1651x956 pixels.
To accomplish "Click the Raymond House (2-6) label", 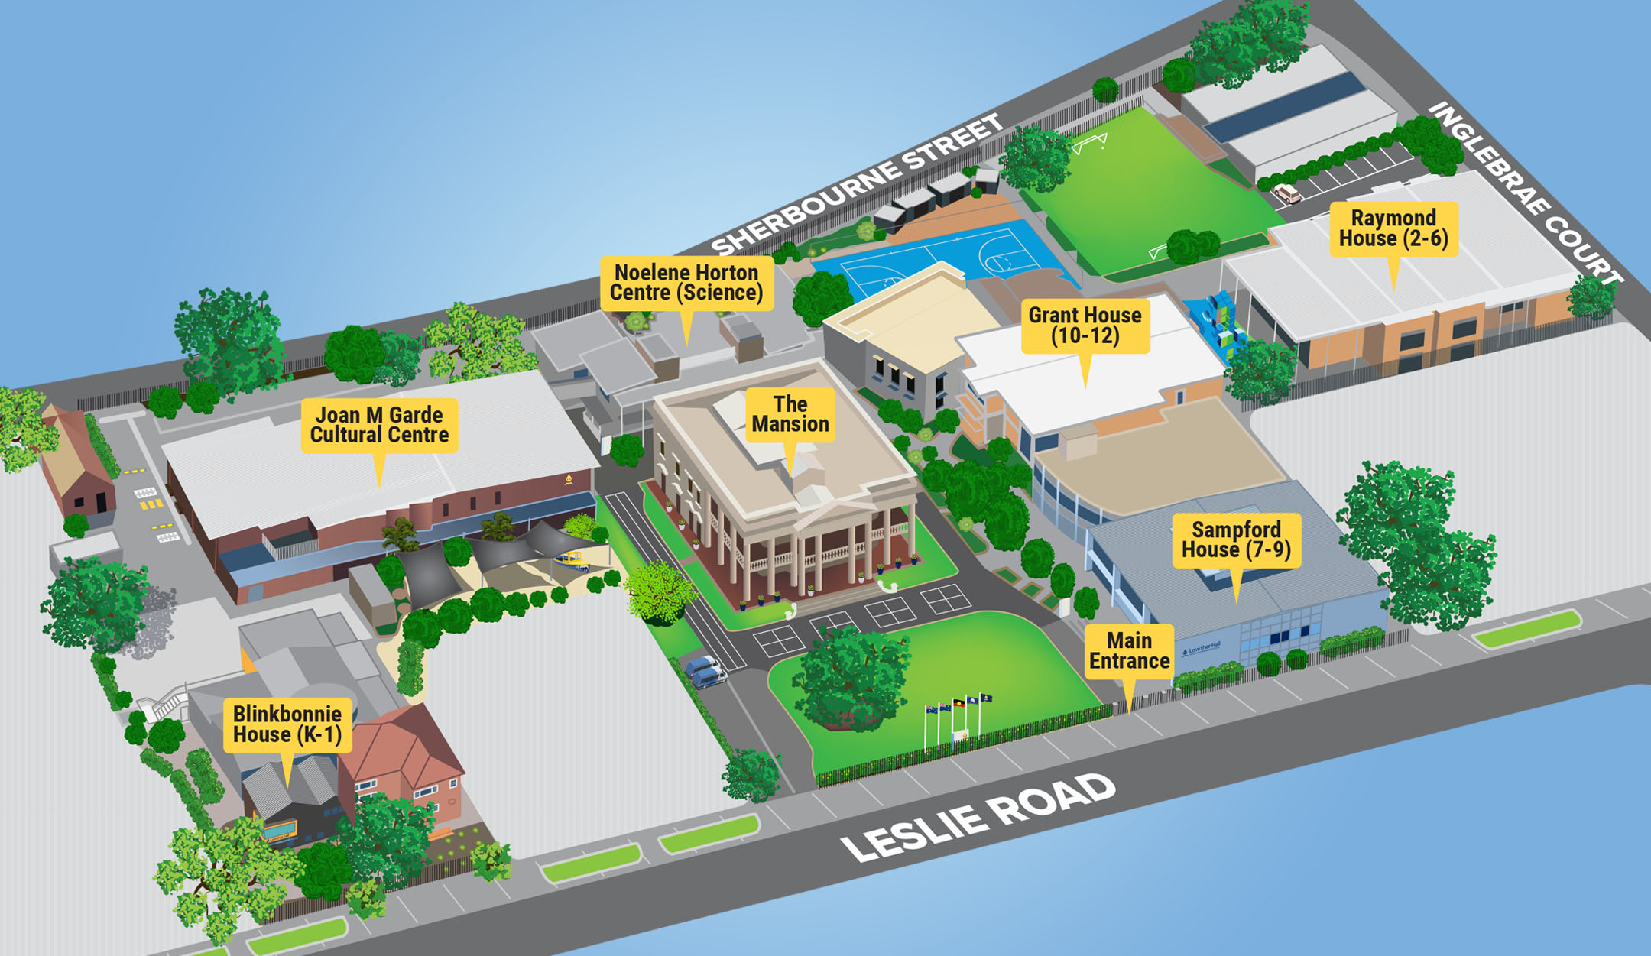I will click(1393, 228).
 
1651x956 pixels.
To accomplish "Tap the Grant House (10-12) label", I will click(1085, 326).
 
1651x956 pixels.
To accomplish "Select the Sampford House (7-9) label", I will click(1236, 540).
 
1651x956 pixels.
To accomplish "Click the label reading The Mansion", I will click(790, 414).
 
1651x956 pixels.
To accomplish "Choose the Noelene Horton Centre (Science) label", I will click(686, 283).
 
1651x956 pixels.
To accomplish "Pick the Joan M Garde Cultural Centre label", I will click(379, 425).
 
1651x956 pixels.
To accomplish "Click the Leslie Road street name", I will click(978, 817).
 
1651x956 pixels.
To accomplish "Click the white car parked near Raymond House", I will click(1286, 194).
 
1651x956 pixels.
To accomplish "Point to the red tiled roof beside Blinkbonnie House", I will click(401, 741).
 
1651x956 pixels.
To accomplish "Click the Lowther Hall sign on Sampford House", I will click(1201, 650).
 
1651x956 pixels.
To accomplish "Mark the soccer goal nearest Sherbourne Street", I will click(1089, 143).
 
